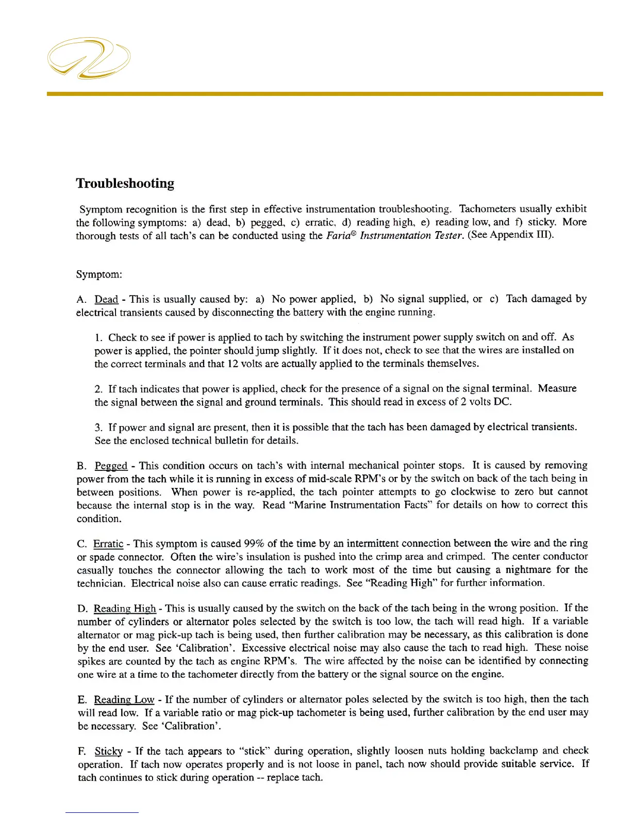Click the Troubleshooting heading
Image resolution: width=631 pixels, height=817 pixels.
(x=125, y=184)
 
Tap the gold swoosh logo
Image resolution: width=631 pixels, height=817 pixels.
(x=89, y=58)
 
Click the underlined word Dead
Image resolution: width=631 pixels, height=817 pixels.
(x=106, y=299)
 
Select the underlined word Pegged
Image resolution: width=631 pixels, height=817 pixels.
(x=111, y=466)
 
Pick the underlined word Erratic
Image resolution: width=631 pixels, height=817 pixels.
(x=108, y=544)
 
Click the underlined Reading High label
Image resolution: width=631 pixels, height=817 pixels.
(x=125, y=609)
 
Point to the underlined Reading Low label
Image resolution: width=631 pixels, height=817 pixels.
(x=124, y=700)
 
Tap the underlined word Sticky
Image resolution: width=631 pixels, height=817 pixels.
(x=109, y=751)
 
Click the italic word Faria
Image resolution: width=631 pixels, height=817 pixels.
(x=339, y=236)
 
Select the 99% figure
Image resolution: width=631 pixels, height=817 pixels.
(x=254, y=544)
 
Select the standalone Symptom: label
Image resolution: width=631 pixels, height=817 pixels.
(x=99, y=274)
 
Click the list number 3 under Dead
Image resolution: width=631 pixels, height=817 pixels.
(x=98, y=428)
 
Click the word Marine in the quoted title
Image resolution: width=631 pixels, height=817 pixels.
(x=310, y=505)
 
